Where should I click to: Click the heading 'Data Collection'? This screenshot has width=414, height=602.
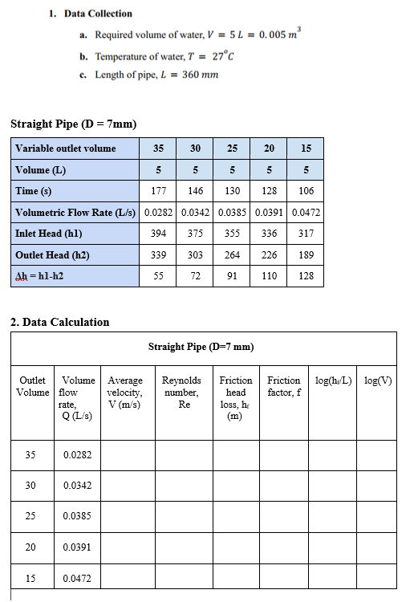click(x=99, y=14)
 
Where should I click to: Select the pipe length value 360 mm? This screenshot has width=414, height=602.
click(x=200, y=75)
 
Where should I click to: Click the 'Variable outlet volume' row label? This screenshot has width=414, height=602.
click(x=65, y=148)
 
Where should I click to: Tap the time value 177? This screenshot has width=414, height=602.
click(x=158, y=191)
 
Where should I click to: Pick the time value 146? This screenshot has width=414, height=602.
click(x=195, y=191)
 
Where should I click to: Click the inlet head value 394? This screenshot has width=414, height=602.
click(x=158, y=234)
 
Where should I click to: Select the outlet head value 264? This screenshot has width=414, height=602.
click(x=232, y=255)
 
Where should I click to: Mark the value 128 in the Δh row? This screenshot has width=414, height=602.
click(x=306, y=276)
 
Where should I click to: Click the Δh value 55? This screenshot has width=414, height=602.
click(x=158, y=276)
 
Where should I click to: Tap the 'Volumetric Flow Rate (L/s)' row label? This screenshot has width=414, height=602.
click(x=76, y=213)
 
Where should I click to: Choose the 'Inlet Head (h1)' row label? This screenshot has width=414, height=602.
click(x=49, y=234)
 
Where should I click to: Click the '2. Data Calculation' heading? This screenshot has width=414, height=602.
click(x=59, y=322)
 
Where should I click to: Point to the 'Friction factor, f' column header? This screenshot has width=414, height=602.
click(x=284, y=386)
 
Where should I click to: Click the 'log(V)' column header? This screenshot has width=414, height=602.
click(x=378, y=380)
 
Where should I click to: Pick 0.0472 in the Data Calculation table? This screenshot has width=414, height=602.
click(x=77, y=578)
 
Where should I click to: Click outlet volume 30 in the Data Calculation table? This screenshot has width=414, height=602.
click(x=30, y=486)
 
